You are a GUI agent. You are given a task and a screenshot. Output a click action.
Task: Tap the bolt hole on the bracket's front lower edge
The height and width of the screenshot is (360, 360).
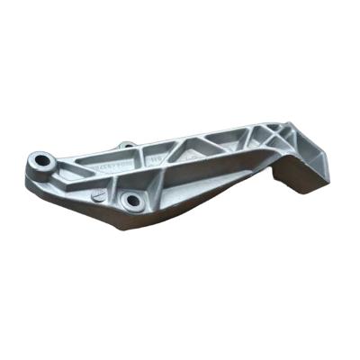click(133, 199)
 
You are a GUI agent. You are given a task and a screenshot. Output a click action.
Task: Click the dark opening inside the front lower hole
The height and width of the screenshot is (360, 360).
click(133, 200)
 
